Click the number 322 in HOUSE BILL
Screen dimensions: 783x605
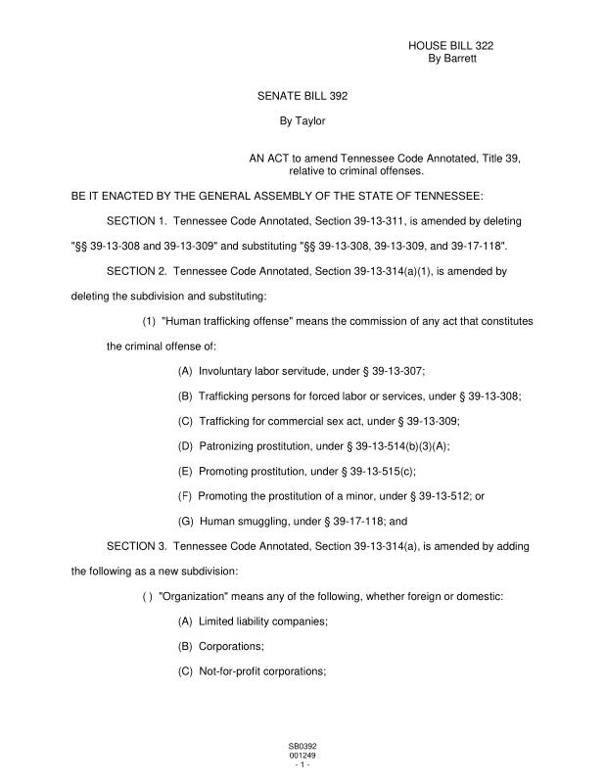(x=492, y=46)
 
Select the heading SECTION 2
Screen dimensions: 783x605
(x=136, y=269)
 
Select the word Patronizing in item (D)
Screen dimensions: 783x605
(x=227, y=446)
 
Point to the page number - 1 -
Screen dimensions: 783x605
(x=302, y=764)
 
